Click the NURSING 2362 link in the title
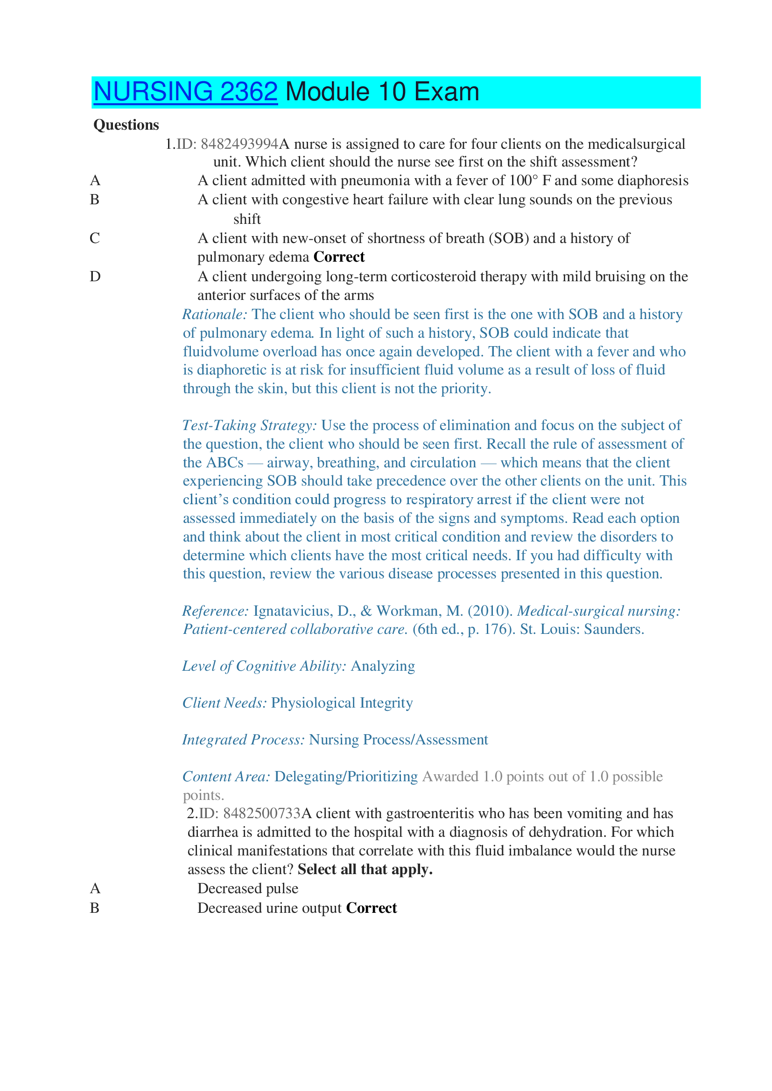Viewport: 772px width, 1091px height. coord(185,92)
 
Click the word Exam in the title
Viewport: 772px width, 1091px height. coord(446,92)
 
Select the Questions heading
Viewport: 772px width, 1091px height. coord(126,125)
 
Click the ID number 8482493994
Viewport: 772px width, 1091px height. coord(239,144)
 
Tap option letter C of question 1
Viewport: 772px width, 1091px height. coord(95,238)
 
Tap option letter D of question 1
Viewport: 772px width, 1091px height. coord(95,277)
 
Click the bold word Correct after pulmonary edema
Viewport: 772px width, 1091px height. coord(339,257)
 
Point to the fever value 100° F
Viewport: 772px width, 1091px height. coord(530,181)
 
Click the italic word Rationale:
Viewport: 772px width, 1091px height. coord(214,314)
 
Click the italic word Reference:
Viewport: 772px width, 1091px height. coord(215,611)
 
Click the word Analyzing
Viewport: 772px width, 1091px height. coord(383,666)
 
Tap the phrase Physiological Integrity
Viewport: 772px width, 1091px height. coord(342,703)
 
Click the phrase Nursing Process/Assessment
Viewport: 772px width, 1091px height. coord(398,740)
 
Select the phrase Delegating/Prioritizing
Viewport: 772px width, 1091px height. coord(346,777)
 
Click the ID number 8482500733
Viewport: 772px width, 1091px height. coord(261,813)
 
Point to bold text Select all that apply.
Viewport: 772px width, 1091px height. coord(365,869)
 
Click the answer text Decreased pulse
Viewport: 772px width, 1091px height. coord(248,889)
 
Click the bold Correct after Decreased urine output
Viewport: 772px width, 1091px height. coord(371,908)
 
